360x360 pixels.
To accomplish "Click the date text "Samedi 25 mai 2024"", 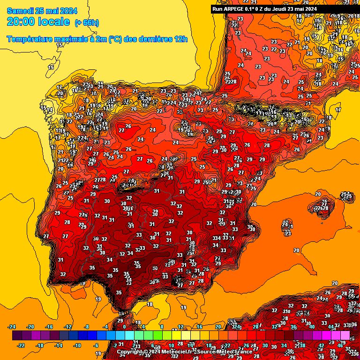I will (42, 10).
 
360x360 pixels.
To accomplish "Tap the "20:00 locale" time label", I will (38, 22).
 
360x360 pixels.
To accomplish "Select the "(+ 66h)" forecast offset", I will (87, 22).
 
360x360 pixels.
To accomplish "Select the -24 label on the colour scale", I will (12, 327).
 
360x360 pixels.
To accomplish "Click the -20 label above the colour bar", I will (30, 327).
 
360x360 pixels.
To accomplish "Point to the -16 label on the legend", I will (49, 327).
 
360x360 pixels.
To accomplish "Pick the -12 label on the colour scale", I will (68, 327).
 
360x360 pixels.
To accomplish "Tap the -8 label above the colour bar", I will (87, 327).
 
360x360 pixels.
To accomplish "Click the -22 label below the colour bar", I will (21, 345).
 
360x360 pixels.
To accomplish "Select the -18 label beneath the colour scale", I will (40, 345).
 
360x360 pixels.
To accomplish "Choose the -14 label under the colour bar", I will (59, 345).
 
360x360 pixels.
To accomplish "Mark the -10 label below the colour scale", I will (77, 345).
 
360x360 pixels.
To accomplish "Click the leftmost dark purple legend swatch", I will (17, 336).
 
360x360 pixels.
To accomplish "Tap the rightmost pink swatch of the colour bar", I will (345, 336).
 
